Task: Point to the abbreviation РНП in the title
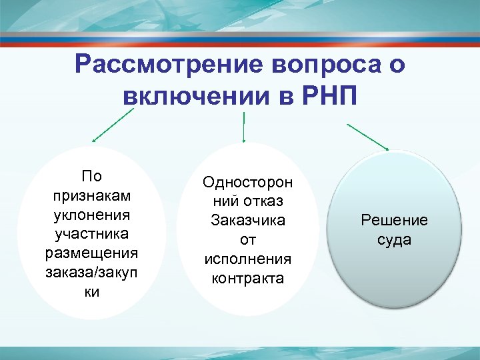tap(327, 97)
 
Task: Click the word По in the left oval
tap(91, 177)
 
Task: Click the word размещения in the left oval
tap(91, 254)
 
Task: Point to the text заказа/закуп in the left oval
tap(91, 273)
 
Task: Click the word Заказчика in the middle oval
tap(247, 220)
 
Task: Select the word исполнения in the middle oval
tap(247, 259)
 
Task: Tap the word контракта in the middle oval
tap(247, 278)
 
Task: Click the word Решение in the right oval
tap(394, 220)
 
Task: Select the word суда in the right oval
tap(394, 239)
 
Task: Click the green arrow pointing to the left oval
tap(113, 126)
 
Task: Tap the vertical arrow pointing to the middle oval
tap(245, 128)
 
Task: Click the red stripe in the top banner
tap(240, 39)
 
